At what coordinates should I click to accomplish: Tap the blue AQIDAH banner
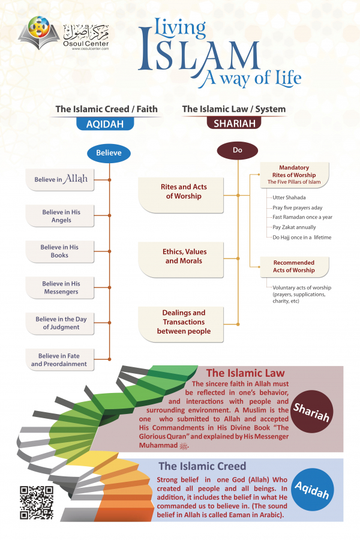109,124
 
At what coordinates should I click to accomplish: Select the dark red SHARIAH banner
234,124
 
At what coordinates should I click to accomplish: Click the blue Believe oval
109,153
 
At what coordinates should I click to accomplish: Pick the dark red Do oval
237,151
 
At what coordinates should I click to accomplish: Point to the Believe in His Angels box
60,216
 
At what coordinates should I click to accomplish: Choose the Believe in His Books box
60,251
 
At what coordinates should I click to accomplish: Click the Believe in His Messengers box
60,287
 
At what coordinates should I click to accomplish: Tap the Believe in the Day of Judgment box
60,323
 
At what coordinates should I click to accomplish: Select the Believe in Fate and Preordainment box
60,359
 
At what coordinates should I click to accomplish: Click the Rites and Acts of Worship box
184,191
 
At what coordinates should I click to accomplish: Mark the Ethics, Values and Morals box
184,256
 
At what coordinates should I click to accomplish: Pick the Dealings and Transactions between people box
184,322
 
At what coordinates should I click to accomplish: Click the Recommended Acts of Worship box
293,266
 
